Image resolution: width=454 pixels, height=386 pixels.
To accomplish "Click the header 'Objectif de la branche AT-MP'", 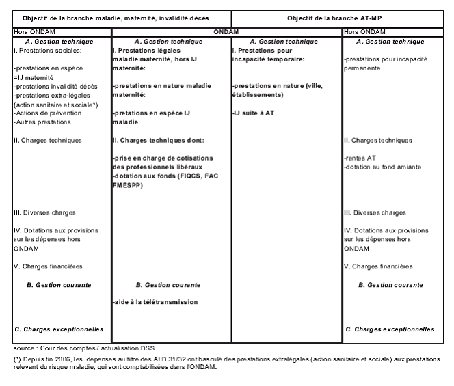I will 341,16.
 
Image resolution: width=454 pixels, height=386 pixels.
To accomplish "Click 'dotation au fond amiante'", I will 382,167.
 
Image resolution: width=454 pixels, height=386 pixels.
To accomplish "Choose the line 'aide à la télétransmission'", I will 155,301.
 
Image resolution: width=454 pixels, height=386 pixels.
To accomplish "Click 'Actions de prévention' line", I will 44,113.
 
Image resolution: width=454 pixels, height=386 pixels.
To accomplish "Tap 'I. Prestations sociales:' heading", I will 46,51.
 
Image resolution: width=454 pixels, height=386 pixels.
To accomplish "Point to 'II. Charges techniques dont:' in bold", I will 158,140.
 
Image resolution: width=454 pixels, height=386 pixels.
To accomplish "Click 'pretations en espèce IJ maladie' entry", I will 152,117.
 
